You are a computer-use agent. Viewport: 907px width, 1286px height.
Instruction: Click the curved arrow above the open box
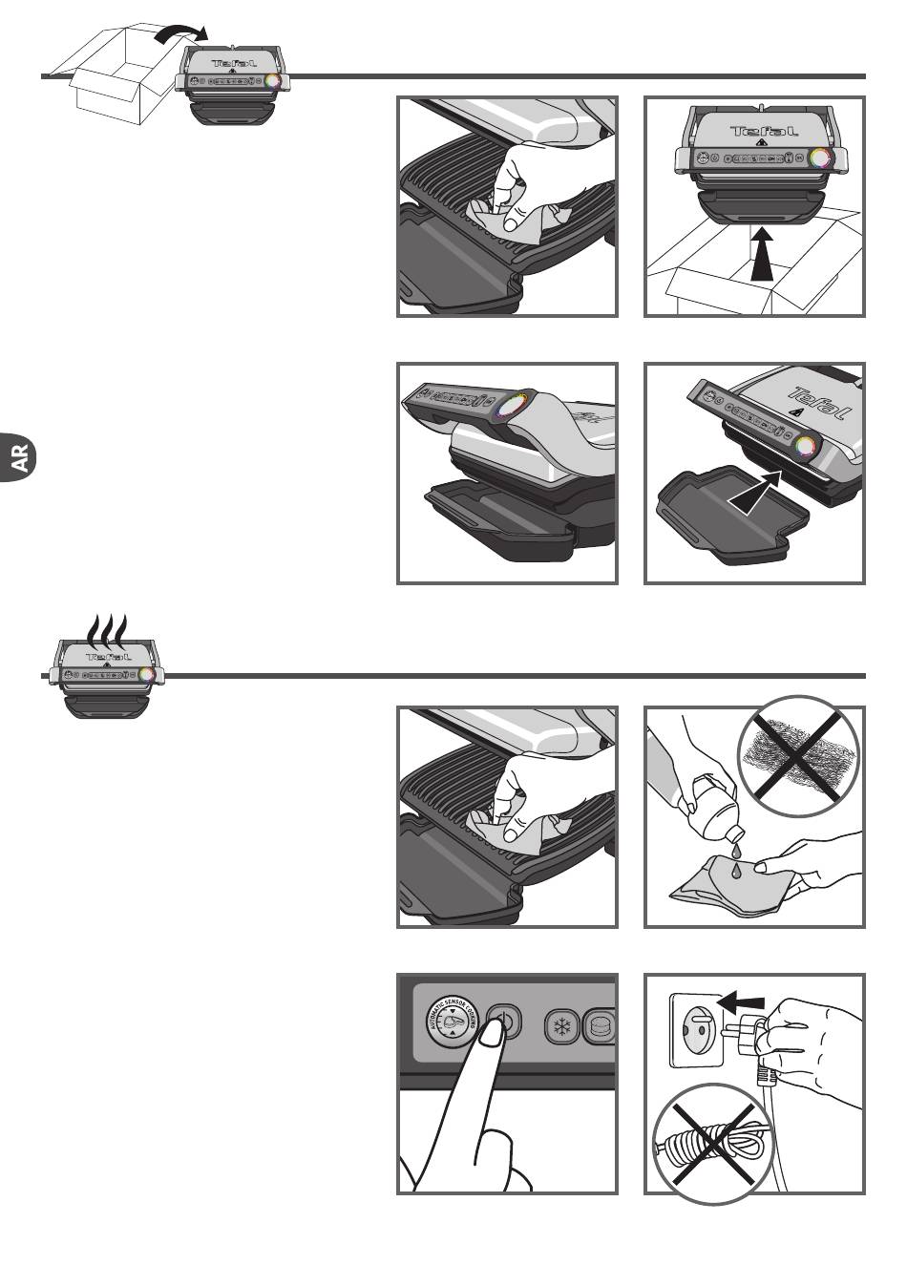point(179,32)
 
